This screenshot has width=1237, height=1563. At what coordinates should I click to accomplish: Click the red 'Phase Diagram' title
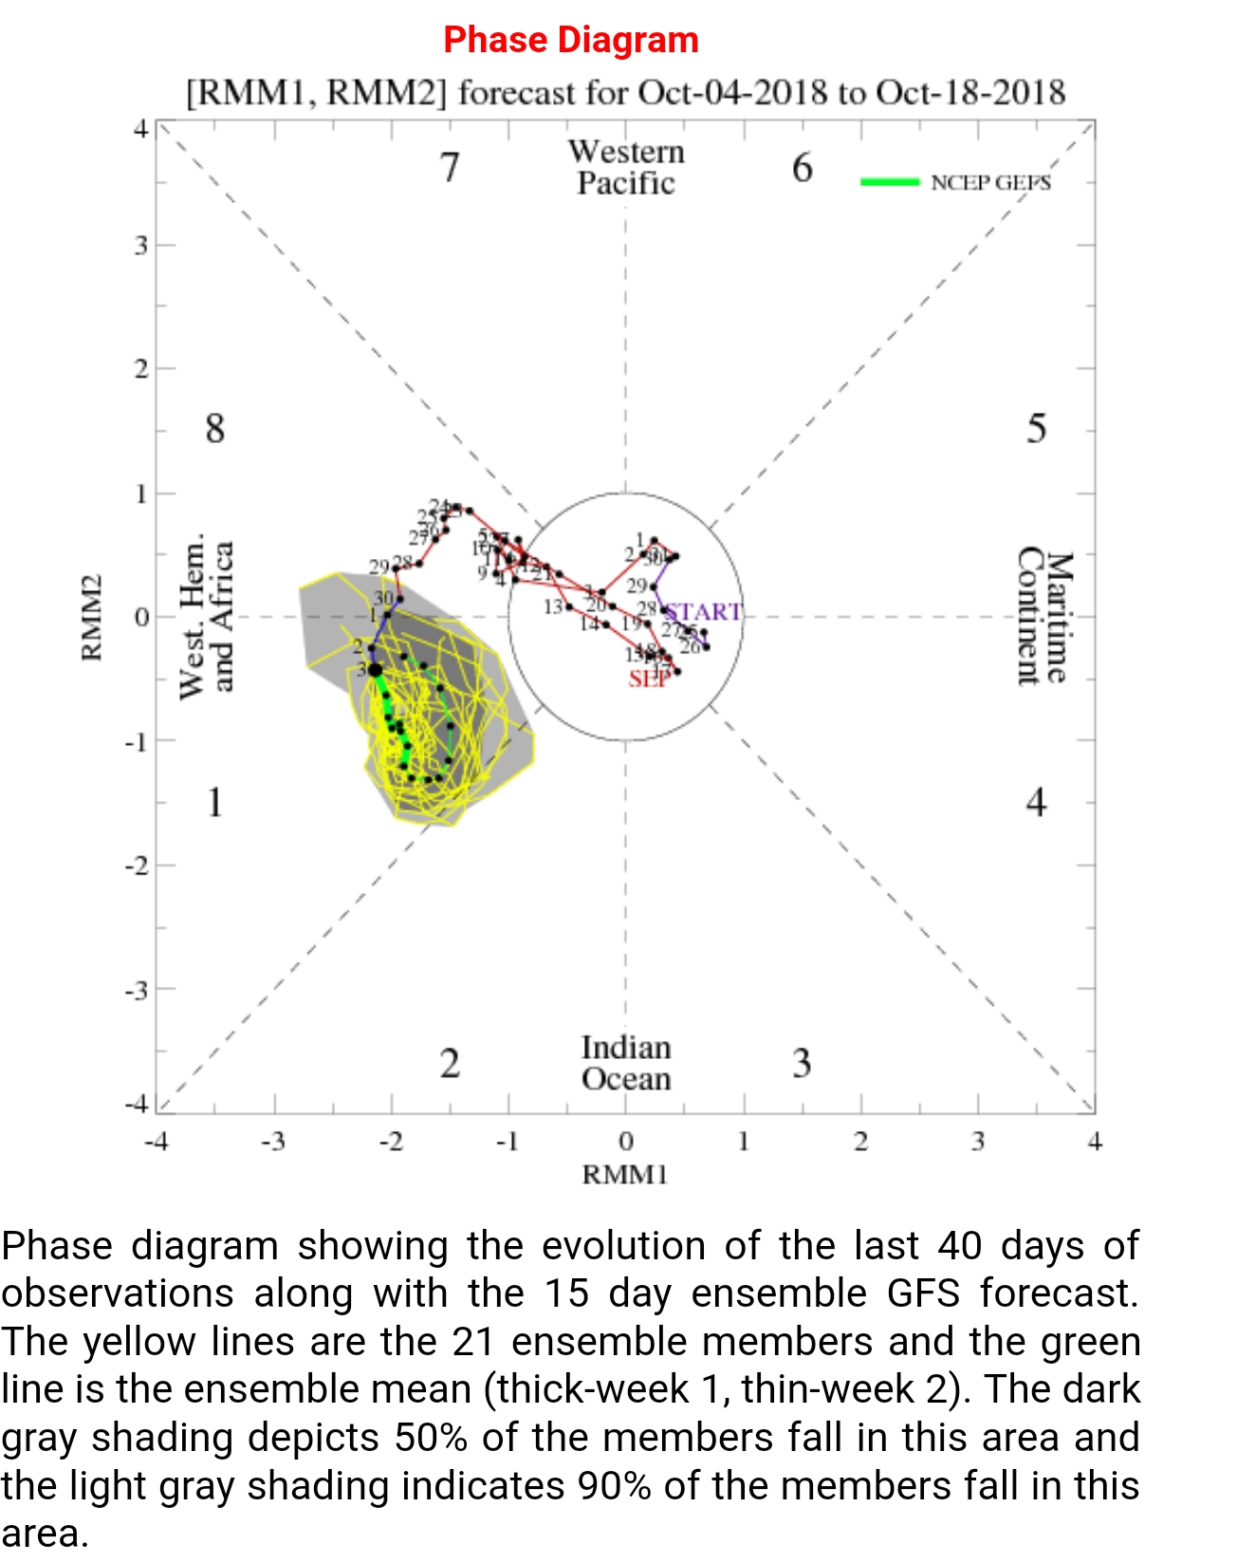pyautogui.click(x=571, y=40)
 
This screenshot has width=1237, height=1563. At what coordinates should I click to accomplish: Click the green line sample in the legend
pyautogui.click(x=889, y=181)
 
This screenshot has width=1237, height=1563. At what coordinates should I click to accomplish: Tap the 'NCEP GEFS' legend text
pyautogui.click(x=990, y=182)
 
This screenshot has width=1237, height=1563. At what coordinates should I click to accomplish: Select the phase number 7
pyautogui.click(x=450, y=168)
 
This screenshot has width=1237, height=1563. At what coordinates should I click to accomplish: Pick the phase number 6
pyautogui.click(x=802, y=168)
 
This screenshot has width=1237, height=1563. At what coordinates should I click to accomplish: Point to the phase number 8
pyautogui.click(x=215, y=429)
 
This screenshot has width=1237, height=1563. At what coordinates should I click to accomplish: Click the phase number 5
pyautogui.click(x=1036, y=429)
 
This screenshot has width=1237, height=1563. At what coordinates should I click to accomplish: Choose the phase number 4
pyautogui.click(x=1036, y=803)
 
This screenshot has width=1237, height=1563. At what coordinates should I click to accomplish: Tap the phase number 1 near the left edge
pyautogui.click(x=215, y=803)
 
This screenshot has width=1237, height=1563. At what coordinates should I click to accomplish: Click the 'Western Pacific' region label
pyautogui.click(x=626, y=167)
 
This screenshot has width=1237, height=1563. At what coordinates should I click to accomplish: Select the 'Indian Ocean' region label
pyautogui.click(x=626, y=1063)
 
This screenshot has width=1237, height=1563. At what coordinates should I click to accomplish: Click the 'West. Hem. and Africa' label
pyautogui.click(x=206, y=616)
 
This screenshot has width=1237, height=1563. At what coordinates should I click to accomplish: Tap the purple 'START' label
pyautogui.click(x=703, y=612)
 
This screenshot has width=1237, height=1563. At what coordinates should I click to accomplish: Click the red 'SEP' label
pyautogui.click(x=649, y=679)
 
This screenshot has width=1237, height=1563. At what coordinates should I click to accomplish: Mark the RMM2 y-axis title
pyautogui.click(x=91, y=617)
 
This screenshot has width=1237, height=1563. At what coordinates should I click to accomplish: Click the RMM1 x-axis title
pyautogui.click(x=625, y=1175)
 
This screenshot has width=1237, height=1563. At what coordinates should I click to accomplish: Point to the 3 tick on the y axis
pyautogui.click(x=141, y=245)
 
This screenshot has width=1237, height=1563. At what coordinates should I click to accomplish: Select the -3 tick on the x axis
pyautogui.click(x=273, y=1141)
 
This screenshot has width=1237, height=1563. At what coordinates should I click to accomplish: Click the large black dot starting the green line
pyautogui.click(x=376, y=670)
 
